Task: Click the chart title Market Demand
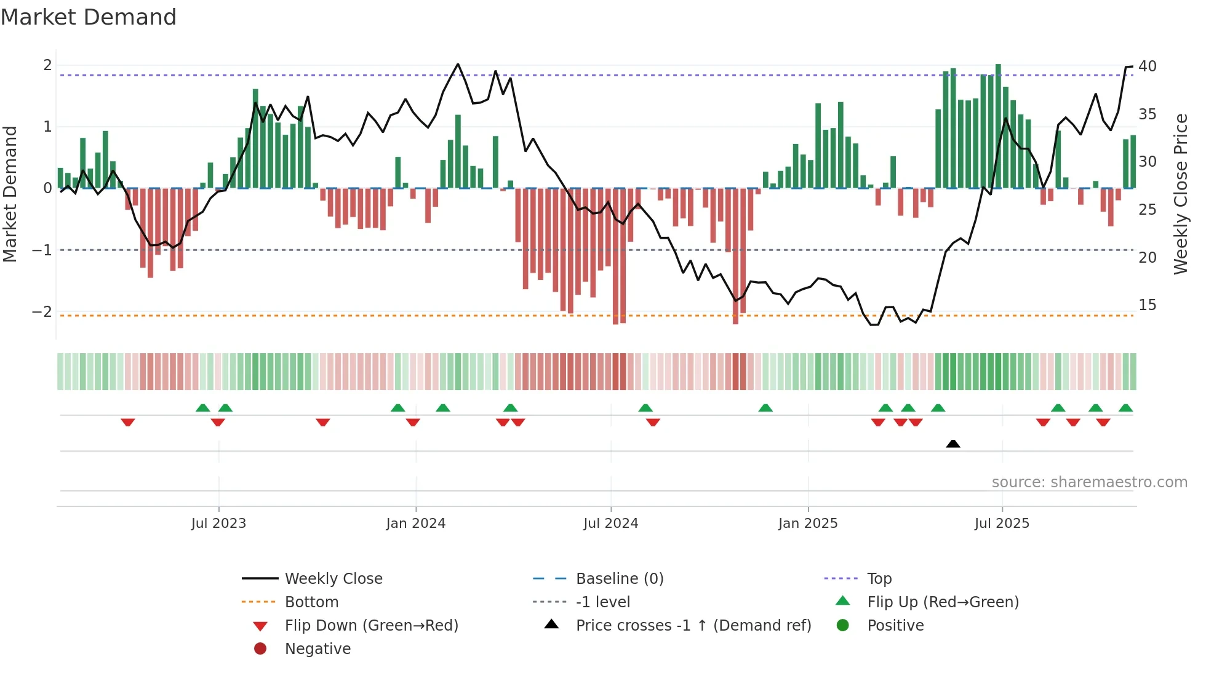coord(89,17)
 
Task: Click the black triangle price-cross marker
coord(952,444)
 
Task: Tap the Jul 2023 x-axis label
coord(218,524)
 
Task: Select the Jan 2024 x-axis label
coord(415,524)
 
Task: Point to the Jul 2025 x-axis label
coord(1002,524)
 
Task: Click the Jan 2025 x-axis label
coord(807,524)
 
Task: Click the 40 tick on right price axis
coord(1147,66)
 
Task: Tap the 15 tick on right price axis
coord(1147,305)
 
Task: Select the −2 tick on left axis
coord(42,312)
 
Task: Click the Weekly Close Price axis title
coord(1180,194)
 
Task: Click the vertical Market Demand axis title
coord(10,194)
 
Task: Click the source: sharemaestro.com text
coord(1089,482)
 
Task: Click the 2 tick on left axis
coord(47,65)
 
